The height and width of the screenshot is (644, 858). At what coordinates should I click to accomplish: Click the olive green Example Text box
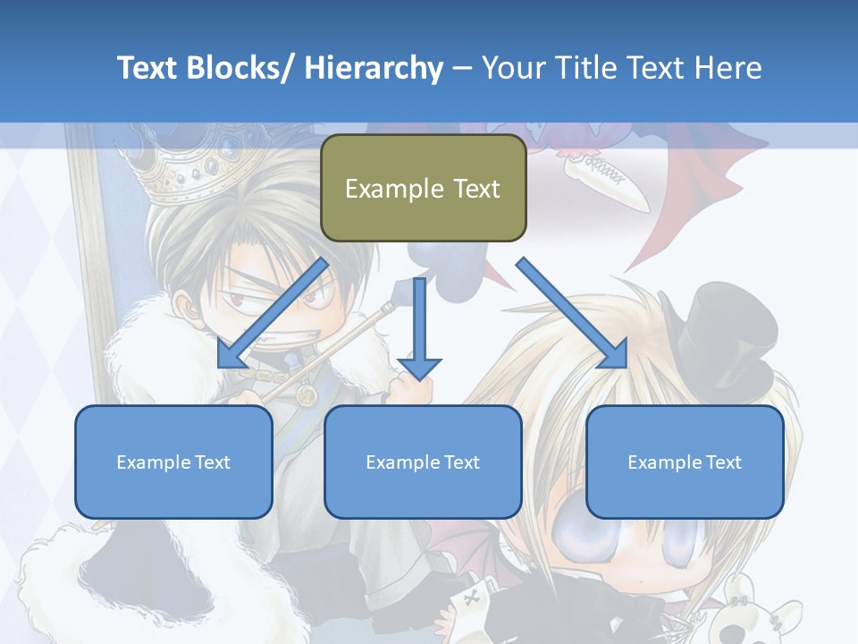tap(423, 188)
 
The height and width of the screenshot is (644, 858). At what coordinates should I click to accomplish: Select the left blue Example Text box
tap(173, 462)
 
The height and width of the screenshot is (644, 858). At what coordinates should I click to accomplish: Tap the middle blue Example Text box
tap(423, 462)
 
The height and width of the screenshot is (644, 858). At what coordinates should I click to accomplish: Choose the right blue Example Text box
tap(685, 462)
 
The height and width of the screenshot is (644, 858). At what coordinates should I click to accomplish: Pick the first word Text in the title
tap(148, 68)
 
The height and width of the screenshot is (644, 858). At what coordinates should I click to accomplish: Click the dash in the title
tap(462, 68)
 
